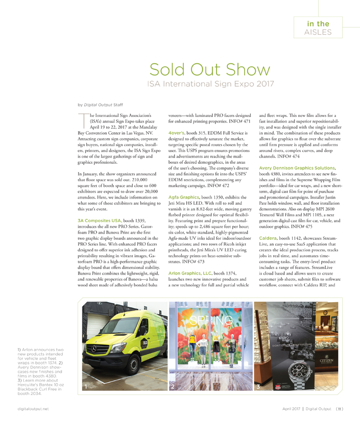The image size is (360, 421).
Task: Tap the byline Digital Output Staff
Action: click(x=100, y=104)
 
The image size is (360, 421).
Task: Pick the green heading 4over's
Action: click(x=177, y=133)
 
